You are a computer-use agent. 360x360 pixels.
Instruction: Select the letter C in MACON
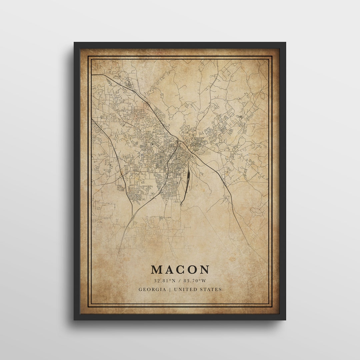tap(181, 269)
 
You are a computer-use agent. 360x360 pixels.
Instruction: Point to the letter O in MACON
tap(193, 269)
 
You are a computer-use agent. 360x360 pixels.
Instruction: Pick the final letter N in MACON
tap(205, 269)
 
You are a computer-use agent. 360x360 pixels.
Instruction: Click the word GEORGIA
tap(152, 289)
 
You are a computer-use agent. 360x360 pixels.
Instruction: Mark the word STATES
tap(211, 289)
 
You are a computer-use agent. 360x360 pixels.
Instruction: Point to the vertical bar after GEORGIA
tap(170, 289)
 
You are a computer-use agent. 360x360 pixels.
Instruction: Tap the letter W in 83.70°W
tap(206, 281)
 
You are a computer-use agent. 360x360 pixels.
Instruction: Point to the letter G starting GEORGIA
tap(140, 289)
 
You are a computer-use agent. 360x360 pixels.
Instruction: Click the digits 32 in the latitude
tap(156, 281)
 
